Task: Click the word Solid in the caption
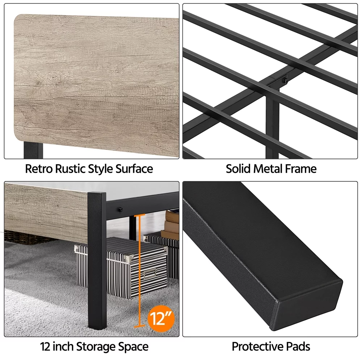(x=238, y=169)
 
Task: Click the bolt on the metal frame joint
(x=286, y=81)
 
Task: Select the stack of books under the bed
(x=171, y=224)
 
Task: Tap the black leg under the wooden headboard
(x=33, y=150)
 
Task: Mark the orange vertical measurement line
(x=139, y=270)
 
